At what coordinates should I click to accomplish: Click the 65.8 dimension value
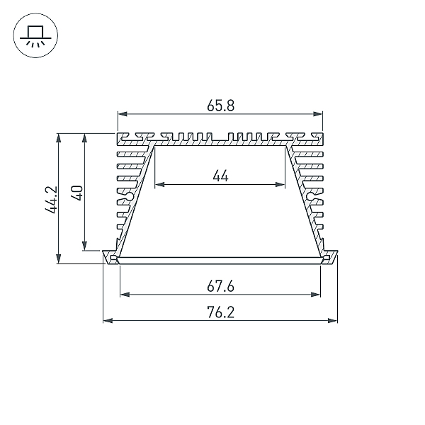coord(220,106)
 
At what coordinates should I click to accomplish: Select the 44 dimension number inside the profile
coord(220,176)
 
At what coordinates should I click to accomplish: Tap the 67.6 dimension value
coord(220,286)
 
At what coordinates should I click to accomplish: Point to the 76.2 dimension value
coord(220,312)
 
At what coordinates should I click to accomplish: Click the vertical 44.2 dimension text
coord(51,199)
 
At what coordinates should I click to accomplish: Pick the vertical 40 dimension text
coord(76,193)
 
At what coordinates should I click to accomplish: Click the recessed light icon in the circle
coord(35,35)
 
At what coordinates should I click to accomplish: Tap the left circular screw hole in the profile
coord(130,196)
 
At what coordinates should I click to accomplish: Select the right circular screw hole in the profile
coord(311,195)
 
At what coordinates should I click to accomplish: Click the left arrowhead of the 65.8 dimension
coord(123,114)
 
